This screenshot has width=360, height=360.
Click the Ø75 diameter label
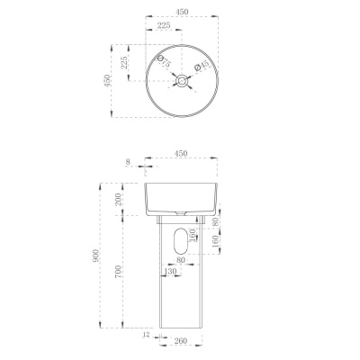164,61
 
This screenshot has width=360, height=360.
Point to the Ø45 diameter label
202,66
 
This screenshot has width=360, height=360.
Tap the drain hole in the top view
182,81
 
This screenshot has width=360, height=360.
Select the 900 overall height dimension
95,256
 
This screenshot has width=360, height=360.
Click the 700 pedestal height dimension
119,272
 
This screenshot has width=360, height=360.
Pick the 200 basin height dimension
119,200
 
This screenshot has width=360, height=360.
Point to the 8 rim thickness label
128,162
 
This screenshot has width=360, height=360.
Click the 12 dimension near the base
147,335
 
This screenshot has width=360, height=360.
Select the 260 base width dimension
181,341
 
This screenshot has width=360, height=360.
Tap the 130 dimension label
170,271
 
